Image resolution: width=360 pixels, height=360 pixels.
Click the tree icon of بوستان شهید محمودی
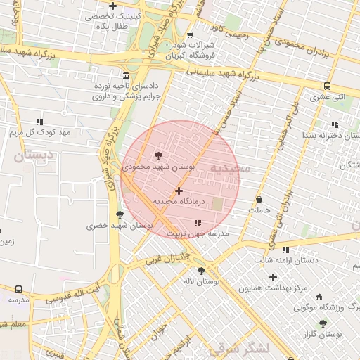157,155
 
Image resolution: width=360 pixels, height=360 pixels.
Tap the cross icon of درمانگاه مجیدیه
179,190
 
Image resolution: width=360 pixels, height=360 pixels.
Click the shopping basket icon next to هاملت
259,199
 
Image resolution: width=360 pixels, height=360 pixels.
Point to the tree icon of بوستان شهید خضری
119,214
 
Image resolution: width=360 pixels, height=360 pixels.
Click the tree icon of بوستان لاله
201,270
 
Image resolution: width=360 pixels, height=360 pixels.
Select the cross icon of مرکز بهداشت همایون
274,277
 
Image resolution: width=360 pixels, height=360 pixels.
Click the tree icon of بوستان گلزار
323,323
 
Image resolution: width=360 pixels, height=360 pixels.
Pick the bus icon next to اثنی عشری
327,86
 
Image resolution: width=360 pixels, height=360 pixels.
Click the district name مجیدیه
230,169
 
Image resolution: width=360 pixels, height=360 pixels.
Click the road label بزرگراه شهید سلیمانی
224,72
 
